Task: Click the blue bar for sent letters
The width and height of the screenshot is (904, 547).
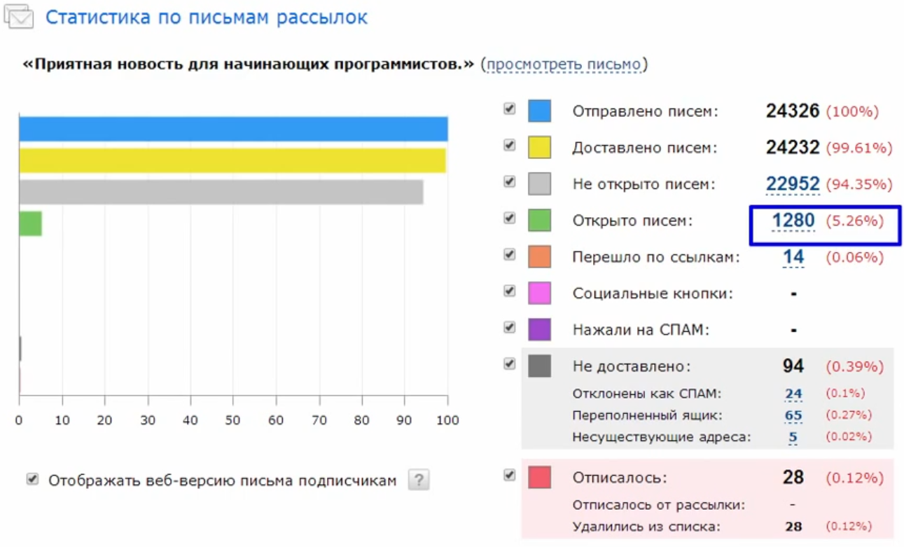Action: (x=233, y=130)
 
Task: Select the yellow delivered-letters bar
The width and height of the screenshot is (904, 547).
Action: (x=232, y=160)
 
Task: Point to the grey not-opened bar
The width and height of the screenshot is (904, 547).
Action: (x=221, y=192)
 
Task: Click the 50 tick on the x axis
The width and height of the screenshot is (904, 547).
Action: (x=233, y=420)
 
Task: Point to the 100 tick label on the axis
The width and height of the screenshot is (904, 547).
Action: (x=447, y=420)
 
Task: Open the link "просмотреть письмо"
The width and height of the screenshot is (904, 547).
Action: (x=564, y=64)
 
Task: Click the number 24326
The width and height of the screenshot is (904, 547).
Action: (x=793, y=111)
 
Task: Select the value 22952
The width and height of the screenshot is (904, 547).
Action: (x=793, y=184)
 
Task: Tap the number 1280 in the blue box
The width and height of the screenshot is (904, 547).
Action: (x=793, y=221)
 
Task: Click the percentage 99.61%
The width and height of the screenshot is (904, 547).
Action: (x=859, y=148)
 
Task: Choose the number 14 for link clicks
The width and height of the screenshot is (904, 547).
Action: (x=793, y=258)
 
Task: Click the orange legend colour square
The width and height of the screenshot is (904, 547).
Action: (x=539, y=256)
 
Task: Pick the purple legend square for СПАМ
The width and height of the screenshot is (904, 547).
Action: (x=539, y=329)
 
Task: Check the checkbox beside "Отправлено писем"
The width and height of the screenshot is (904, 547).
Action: (x=510, y=109)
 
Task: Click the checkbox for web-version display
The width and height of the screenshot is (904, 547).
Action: (x=32, y=479)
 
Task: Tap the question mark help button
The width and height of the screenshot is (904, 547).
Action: (x=419, y=480)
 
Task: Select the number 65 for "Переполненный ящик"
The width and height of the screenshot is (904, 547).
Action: (x=793, y=415)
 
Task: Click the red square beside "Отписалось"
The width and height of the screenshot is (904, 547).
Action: (x=539, y=477)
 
